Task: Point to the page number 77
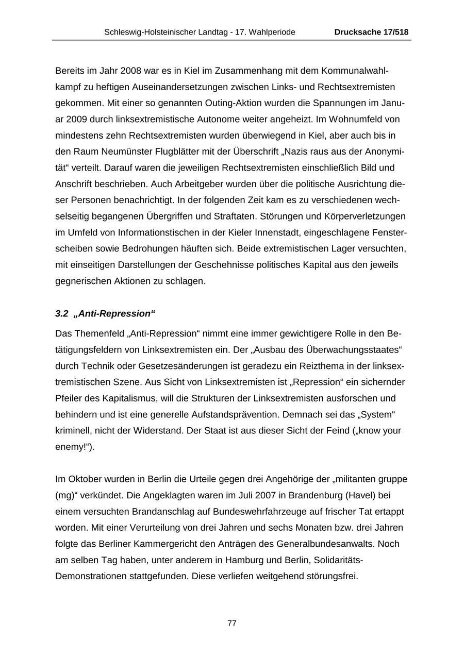pos(232,623)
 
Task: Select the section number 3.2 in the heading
pos(62,314)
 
